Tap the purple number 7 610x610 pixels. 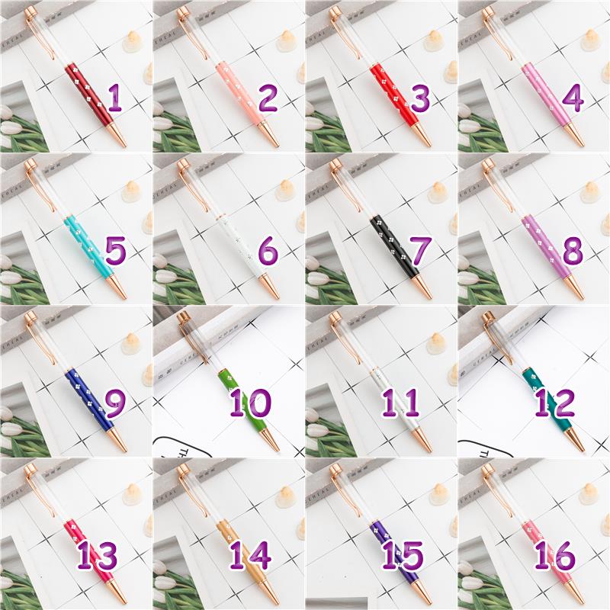point(419,251)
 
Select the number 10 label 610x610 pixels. point(250,403)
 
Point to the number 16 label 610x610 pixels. point(554,556)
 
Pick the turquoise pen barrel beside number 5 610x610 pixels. point(88,246)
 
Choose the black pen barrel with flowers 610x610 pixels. point(394,246)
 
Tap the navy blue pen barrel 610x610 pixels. point(89,399)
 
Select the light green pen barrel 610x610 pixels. point(242,399)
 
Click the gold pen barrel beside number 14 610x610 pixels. point(242,551)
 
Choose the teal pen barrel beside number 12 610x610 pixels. point(547,399)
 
